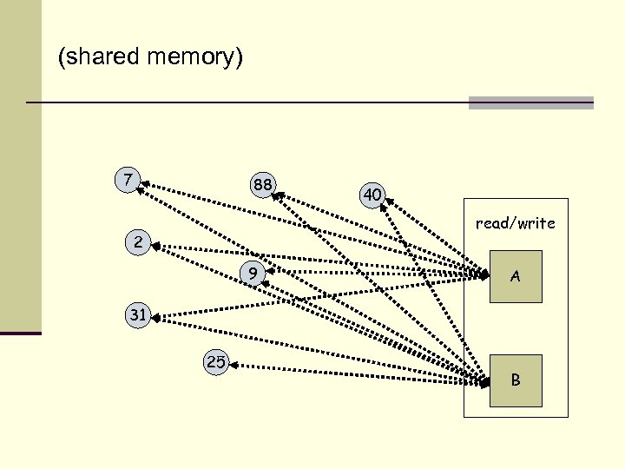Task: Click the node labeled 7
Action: tap(128, 180)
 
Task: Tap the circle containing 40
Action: tap(372, 195)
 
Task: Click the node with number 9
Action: tap(252, 274)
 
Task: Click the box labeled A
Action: tap(515, 276)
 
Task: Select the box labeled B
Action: tap(515, 380)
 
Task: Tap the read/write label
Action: tap(515, 223)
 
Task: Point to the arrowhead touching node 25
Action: tap(234, 366)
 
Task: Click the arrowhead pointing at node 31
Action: tap(158, 318)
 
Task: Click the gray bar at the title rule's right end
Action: tap(530, 102)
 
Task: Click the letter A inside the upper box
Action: tap(515, 277)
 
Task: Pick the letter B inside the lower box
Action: tap(515, 380)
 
